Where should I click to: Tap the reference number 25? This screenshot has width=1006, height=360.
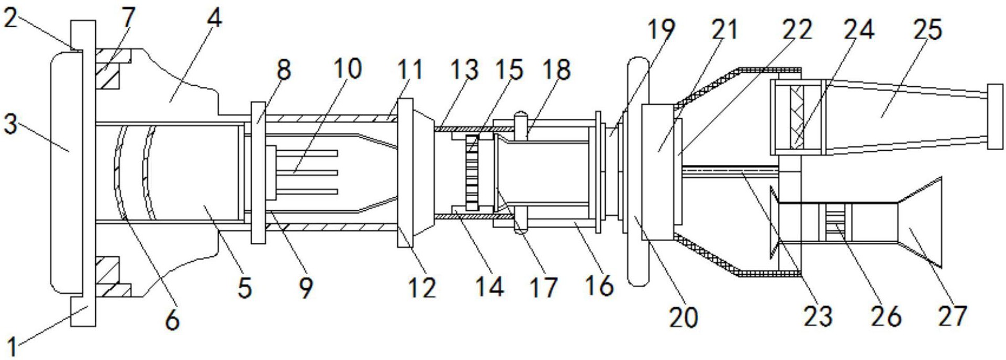tap(927, 30)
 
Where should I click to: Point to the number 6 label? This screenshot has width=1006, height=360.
tap(172, 320)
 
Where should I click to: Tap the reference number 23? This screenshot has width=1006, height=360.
tap(818, 316)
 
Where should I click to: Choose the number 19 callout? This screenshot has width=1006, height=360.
tap(661, 30)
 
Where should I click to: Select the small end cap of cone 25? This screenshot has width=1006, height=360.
tap(994, 116)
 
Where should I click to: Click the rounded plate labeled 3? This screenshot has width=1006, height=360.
tap(66, 171)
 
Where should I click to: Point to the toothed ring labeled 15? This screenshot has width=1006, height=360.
tap(472, 172)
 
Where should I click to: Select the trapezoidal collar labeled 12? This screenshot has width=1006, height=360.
tap(416, 172)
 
